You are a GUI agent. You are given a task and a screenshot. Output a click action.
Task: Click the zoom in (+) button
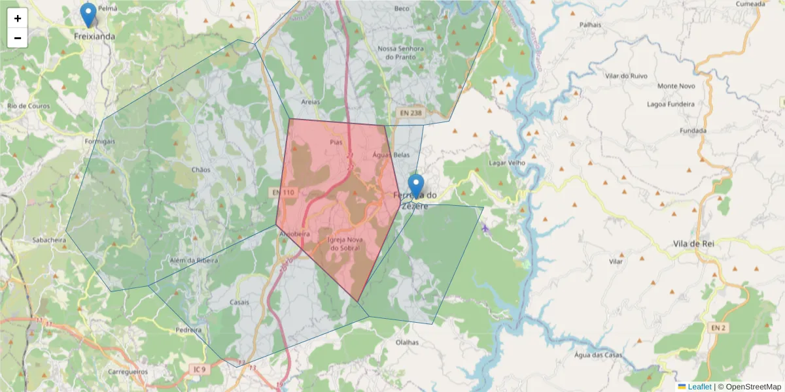(x=18, y=18)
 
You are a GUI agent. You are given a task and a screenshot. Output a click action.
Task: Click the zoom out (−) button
(x=18, y=38)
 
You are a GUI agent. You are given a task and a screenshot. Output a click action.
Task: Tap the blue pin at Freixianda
(x=87, y=14)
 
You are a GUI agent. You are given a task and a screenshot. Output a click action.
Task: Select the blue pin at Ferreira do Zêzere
(x=415, y=186)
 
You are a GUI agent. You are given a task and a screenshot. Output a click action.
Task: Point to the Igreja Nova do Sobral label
(x=344, y=244)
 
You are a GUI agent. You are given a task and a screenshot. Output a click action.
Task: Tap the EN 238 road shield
(x=411, y=113)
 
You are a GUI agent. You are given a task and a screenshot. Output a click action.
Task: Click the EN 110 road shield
(x=283, y=192)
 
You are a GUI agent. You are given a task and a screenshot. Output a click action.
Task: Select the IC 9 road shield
(x=199, y=370)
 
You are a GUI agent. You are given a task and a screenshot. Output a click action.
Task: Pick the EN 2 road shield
(x=718, y=326)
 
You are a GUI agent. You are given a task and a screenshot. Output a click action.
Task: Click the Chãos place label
(x=201, y=170)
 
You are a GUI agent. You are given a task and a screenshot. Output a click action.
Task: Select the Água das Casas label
(x=598, y=355)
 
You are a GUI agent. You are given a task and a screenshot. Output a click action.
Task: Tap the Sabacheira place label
(x=49, y=240)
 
